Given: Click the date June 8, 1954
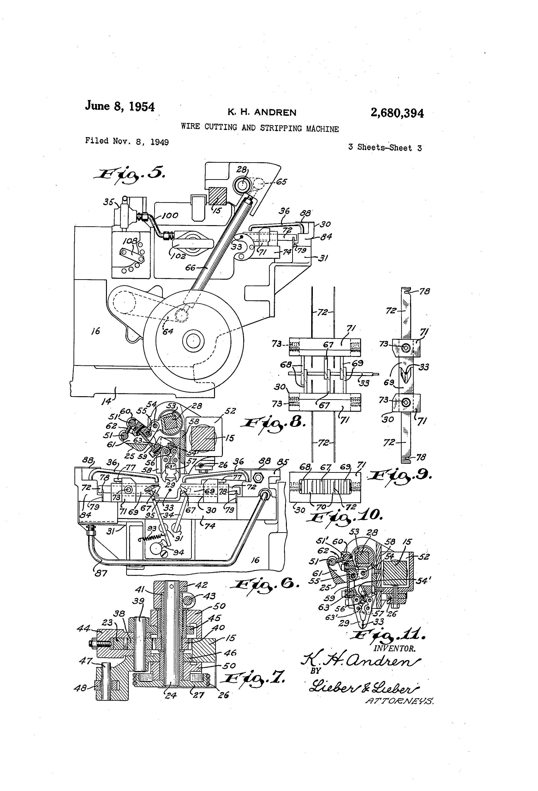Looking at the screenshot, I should (120, 106).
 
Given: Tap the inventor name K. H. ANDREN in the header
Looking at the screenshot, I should (262, 112).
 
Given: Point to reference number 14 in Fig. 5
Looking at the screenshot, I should (106, 401).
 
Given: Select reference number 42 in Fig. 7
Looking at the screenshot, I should (202, 585).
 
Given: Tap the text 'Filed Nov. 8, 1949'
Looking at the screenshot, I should (127, 141).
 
